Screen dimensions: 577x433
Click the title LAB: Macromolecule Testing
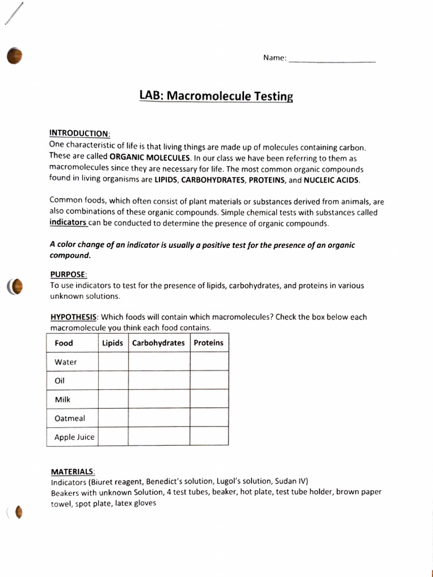click(x=216, y=96)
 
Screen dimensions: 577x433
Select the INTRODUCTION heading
click(x=79, y=134)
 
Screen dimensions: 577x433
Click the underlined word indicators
click(x=68, y=223)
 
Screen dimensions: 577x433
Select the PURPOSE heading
click(x=69, y=274)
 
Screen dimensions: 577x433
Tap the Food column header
click(x=64, y=343)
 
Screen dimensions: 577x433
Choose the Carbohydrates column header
click(x=158, y=343)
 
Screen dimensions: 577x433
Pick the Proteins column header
click(x=209, y=343)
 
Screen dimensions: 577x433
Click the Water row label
click(x=65, y=362)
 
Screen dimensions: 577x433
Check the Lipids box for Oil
click(x=113, y=380)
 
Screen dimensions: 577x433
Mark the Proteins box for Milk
click(x=209, y=399)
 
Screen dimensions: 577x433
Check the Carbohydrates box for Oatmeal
click(x=159, y=418)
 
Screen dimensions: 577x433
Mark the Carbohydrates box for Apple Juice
click(x=159, y=436)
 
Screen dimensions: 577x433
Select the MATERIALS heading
click(x=73, y=472)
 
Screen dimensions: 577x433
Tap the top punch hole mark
click(x=14, y=56)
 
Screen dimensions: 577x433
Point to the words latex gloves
click(x=135, y=503)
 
